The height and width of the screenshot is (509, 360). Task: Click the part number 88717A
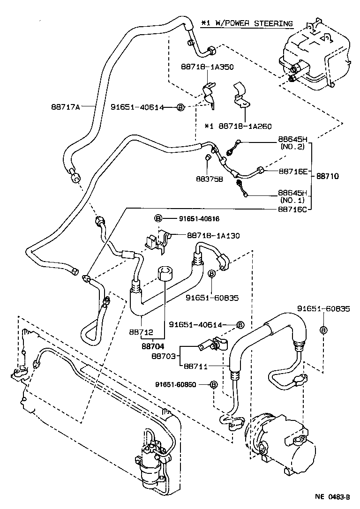(x=65, y=106)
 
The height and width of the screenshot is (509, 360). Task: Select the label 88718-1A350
(x=207, y=67)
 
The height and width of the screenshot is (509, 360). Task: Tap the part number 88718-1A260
(x=245, y=126)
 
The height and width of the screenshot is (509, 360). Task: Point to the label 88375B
(x=210, y=179)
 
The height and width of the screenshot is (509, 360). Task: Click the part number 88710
(x=327, y=176)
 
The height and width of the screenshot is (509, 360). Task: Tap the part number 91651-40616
(x=199, y=219)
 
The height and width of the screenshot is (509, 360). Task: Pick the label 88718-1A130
(x=213, y=236)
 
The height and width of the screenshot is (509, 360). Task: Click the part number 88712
(x=141, y=332)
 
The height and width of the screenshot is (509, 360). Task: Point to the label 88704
(x=152, y=346)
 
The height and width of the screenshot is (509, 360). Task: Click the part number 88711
(x=195, y=367)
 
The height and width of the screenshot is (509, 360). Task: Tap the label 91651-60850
(x=176, y=385)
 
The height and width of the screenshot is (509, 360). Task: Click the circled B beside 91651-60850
(x=213, y=385)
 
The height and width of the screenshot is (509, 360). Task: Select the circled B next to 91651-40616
(x=158, y=218)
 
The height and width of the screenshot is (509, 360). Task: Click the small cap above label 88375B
(x=209, y=157)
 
